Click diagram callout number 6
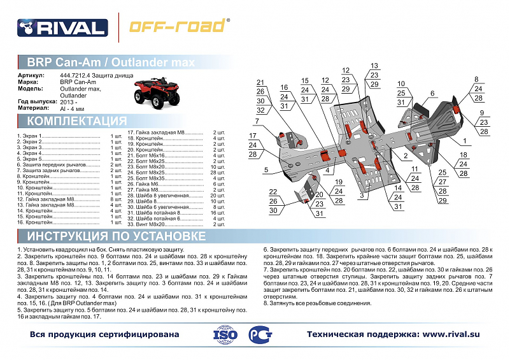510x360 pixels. [432, 93]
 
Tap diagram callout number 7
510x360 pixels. [257, 121]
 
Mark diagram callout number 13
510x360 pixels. [374, 66]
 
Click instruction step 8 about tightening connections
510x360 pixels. [318, 303]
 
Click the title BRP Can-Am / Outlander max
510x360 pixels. [111, 62]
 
